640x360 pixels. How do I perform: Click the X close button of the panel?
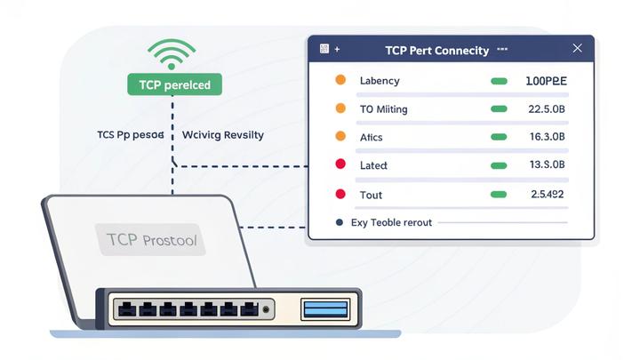click(578, 50)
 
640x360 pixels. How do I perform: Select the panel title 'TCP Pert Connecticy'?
click(436, 51)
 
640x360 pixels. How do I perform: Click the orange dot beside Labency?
click(340, 81)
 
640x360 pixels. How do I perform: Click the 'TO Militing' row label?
click(383, 109)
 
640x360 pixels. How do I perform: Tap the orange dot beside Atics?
click(340, 138)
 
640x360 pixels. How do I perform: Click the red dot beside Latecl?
click(340, 165)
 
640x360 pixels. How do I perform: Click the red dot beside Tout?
click(340, 194)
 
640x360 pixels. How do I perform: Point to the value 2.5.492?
click(547, 194)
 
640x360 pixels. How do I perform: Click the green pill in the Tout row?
click(499, 194)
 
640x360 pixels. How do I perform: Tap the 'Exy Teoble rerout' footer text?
click(391, 222)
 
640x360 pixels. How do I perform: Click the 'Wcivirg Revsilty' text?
click(222, 135)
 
